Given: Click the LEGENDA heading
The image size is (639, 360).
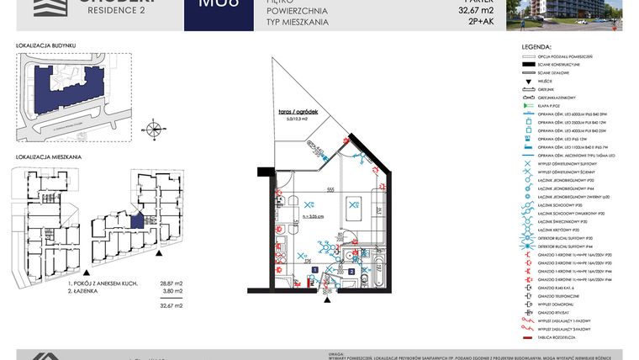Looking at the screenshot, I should tap(536, 47).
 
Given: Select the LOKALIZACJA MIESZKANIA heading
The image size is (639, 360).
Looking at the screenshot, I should tap(48, 157).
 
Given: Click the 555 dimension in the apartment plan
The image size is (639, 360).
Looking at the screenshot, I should tap(330, 190).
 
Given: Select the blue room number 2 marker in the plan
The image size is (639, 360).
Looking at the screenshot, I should tap(350, 272).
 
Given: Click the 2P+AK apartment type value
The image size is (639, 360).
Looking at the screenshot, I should tap(483, 22).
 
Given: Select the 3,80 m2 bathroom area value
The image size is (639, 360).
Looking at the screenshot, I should tap(172, 293).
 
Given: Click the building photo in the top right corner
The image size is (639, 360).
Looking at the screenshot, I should tap(564, 15).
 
